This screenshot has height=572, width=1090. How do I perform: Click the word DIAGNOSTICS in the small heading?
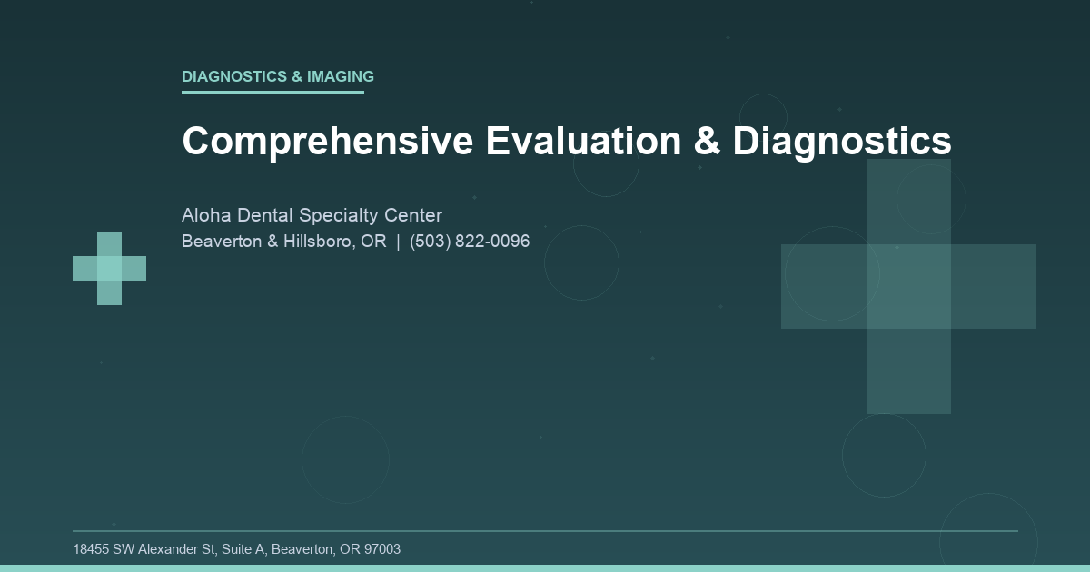234,76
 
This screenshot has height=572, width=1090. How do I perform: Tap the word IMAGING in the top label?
341,76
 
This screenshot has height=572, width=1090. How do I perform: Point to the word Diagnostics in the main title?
842,142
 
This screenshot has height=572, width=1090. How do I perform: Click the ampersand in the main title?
714,142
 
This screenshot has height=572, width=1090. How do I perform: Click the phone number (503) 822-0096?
470,242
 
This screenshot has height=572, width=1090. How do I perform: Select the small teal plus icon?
109,268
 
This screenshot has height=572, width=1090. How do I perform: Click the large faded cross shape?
908,286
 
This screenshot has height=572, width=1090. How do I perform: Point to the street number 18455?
91,549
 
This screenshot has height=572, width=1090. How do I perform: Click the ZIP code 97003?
381,549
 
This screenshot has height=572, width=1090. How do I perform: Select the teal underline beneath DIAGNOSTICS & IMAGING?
272,92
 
